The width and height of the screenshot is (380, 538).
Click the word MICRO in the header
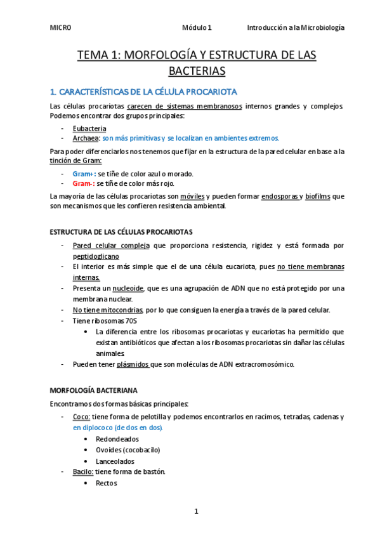60,28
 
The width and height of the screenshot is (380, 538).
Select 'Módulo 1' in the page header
197,28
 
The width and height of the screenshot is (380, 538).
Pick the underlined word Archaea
86,138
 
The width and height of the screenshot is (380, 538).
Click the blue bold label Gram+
84,174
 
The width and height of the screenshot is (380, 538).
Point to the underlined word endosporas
280,197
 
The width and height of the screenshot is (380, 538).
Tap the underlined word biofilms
318,197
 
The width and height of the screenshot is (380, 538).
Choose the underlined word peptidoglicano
96,256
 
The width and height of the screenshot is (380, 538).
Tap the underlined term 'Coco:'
81,417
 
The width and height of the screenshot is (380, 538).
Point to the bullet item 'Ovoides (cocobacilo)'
128,450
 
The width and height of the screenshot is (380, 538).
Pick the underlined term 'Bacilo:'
84,472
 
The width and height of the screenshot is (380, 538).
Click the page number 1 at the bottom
197,511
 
